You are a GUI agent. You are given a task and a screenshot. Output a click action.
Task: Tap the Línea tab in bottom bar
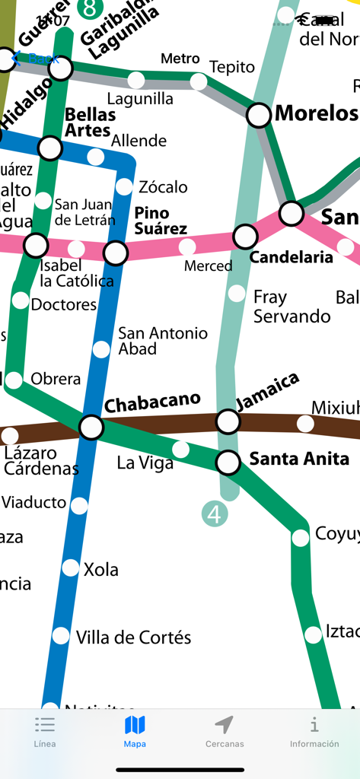click(x=45, y=732)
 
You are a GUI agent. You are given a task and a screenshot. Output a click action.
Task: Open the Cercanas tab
click(x=225, y=732)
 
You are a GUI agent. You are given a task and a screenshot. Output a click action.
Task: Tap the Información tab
click(x=314, y=732)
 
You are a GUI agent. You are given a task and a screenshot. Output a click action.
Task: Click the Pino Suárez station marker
click(x=116, y=252)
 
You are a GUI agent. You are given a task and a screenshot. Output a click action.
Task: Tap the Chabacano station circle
click(x=91, y=427)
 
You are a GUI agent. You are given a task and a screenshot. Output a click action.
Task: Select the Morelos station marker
click(x=260, y=115)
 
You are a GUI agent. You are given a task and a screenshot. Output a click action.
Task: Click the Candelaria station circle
click(x=245, y=237)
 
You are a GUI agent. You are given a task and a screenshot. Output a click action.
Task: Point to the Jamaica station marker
click(x=228, y=421)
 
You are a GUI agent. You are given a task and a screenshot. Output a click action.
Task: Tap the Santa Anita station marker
click(x=228, y=461)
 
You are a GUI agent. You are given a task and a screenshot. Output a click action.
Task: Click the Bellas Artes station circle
click(x=50, y=148)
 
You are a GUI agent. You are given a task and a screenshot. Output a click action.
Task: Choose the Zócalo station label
click(x=163, y=187)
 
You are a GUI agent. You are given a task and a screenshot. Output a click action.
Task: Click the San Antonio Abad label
click(x=162, y=341)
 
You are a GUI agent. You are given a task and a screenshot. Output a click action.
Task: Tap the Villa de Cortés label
click(x=133, y=638)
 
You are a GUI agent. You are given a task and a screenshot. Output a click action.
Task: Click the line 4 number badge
click(x=215, y=514)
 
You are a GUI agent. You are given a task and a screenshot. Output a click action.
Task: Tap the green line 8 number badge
click(x=91, y=8)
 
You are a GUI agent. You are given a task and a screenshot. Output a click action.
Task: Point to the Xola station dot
click(x=71, y=568)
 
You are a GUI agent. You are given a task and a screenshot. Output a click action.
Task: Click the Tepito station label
click(x=232, y=67)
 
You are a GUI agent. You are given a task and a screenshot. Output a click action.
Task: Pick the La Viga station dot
click(x=181, y=449)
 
